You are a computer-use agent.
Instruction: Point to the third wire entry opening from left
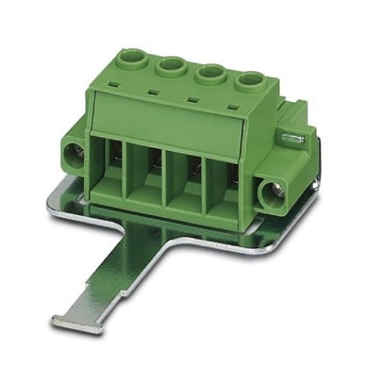coord(187,183)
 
